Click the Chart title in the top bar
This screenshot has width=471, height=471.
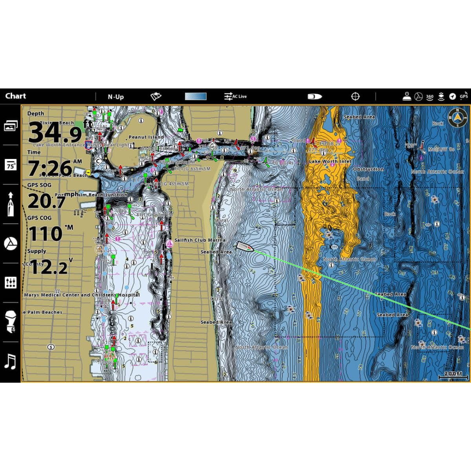[x=16, y=96]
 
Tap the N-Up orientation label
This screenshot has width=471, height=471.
[x=116, y=97]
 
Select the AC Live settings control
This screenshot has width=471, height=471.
[x=235, y=96]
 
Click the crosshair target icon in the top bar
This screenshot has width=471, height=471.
[x=355, y=96]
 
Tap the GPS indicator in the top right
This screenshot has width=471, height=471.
[x=464, y=96]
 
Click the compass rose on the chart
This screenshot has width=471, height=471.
[x=456, y=118]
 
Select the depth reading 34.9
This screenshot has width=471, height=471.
[x=55, y=132]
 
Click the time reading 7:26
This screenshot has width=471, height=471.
[x=50, y=168]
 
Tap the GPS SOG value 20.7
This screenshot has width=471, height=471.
[x=46, y=202]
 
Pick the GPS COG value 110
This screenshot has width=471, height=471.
[x=46, y=234]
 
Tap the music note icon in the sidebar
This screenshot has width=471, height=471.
[x=10, y=361]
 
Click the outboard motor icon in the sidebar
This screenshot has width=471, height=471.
[x=10, y=322]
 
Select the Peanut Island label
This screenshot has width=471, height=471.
[x=146, y=137]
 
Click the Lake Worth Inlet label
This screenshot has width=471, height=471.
[x=330, y=161]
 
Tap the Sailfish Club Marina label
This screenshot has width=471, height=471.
[x=200, y=240]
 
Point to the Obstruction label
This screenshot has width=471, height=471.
[x=368, y=169]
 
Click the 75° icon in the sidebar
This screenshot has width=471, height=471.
[x=10, y=165]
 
